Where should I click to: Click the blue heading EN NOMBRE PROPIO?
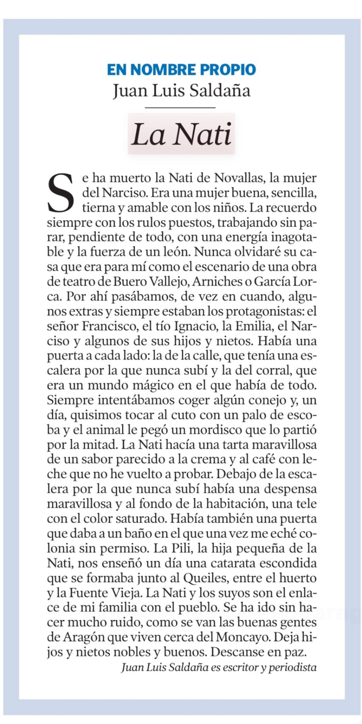(x=181, y=70)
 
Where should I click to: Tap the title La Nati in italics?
(x=181, y=134)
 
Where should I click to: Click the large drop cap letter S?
(x=61, y=193)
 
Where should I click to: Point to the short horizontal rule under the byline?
(x=180, y=107)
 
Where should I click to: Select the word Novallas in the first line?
(x=239, y=178)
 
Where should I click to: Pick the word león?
(x=175, y=252)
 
